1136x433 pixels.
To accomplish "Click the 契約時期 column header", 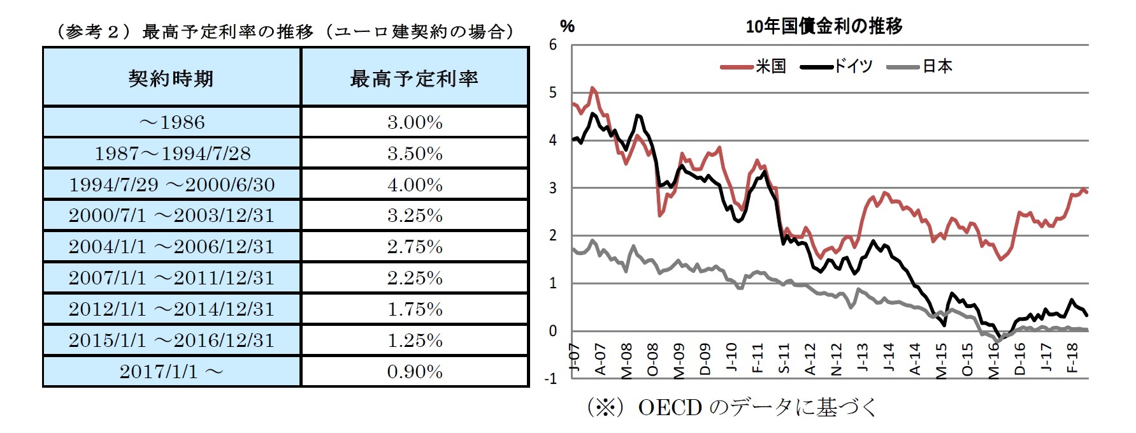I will [171, 78].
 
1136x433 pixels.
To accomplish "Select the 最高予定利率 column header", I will [414, 78].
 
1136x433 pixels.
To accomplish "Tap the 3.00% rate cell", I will [415, 122].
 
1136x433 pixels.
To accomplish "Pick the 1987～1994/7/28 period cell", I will [172, 153].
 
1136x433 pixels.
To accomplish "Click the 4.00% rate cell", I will [415, 184].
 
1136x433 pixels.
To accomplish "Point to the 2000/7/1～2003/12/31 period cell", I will [171, 216].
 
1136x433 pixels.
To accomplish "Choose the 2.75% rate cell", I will [415, 247].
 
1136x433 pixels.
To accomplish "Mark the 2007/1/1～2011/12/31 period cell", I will [171, 278].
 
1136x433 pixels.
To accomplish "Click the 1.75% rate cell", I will [415, 309].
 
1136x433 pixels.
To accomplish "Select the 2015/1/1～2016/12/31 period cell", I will [171, 341].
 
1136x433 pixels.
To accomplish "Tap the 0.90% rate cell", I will [415, 372].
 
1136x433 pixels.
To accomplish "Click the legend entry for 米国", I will [754, 66].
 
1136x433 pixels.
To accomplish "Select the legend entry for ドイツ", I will [835, 66].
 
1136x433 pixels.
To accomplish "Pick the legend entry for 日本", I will [920, 66].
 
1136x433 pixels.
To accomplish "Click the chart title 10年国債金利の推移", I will [824, 26].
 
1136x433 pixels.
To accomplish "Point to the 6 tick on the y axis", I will [552, 45].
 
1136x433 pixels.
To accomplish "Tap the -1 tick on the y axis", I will [550, 378].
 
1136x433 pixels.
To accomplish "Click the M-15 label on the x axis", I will [941, 361].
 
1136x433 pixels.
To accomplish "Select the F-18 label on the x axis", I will [1072, 358].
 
